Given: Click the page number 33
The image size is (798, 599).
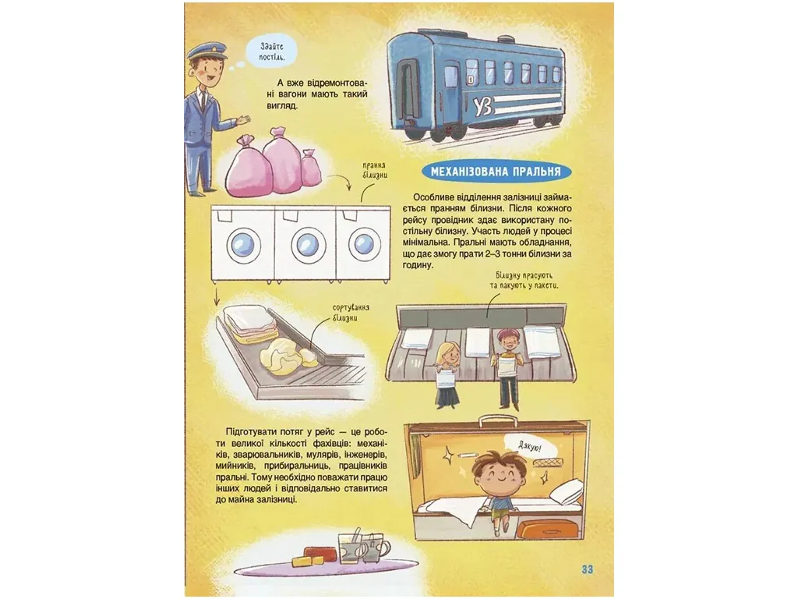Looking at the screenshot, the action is pos(587,569).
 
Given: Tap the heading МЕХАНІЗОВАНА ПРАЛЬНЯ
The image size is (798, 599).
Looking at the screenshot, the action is pos(496,172).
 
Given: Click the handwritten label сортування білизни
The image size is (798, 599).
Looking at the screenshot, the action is pos(351,313).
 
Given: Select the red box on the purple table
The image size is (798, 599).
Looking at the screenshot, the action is pos(320,554).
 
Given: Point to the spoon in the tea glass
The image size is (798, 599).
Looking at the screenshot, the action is pos(356,538).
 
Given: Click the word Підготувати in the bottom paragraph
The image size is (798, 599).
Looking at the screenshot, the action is pos(251,432).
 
